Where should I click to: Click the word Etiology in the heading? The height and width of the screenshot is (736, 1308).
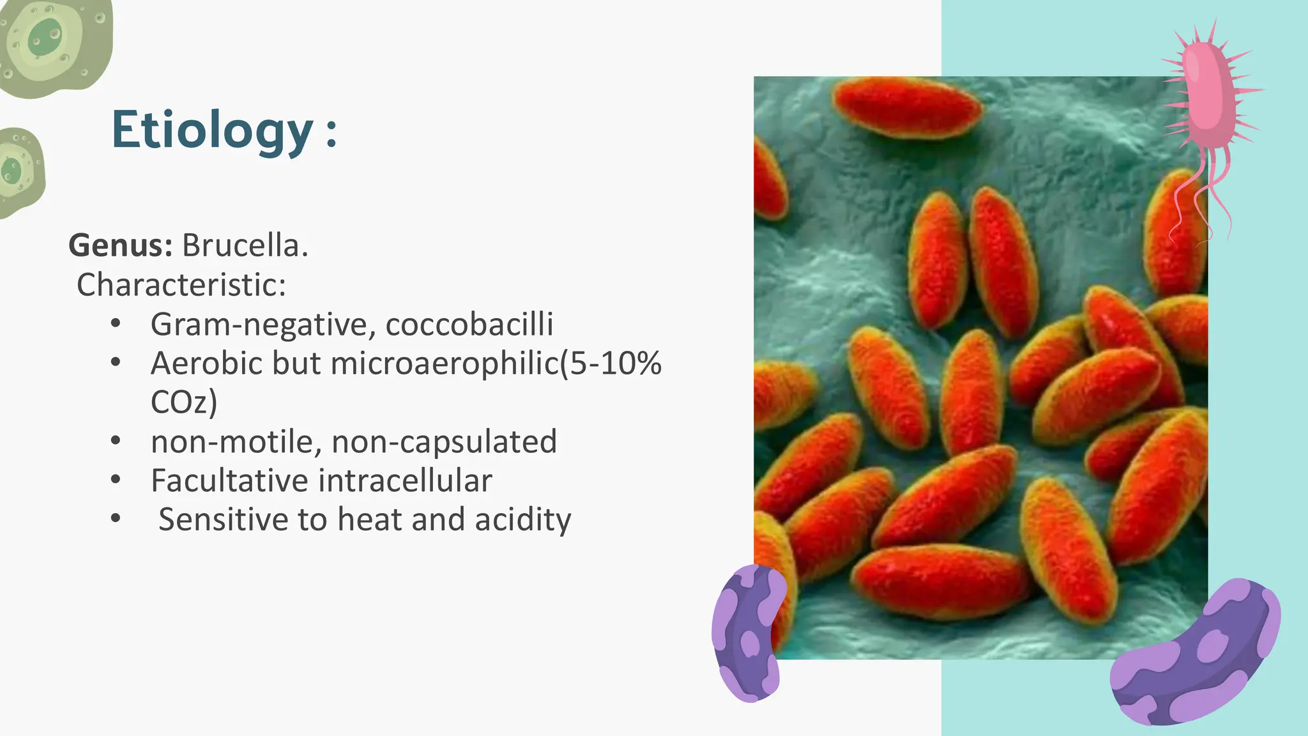212,130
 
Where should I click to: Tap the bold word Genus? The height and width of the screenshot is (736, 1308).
120,245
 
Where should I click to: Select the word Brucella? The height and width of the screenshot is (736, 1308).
245,245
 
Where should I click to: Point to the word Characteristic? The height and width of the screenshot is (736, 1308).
181,285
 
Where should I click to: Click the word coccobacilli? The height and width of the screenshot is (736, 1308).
469,324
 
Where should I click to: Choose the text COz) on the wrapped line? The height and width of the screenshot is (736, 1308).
184,402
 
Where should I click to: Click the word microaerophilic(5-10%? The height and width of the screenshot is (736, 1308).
496,363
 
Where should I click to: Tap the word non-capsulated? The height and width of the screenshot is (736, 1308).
444,441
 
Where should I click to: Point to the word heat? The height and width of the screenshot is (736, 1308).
370,519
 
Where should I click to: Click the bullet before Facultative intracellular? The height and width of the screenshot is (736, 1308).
115,480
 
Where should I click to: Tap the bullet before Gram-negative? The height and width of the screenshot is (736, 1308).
115,324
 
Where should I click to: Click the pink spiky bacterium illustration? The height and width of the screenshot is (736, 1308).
1208,96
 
